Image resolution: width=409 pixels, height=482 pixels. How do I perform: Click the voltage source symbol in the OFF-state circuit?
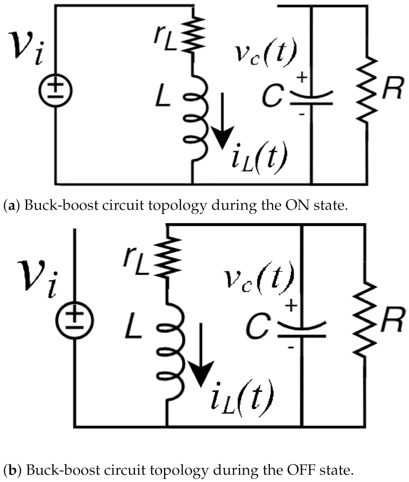(x=74, y=321)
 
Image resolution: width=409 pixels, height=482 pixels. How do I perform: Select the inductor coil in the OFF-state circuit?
(x=172, y=351)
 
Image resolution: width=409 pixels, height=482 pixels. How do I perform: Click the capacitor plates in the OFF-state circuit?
(x=302, y=330)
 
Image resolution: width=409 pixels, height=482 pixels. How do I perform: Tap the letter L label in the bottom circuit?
(x=133, y=326)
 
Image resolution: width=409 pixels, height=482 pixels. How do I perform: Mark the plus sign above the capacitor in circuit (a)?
(x=302, y=77)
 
